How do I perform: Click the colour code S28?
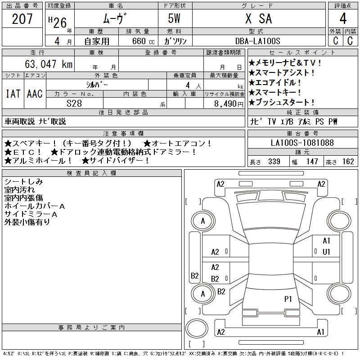(x=74, y=103)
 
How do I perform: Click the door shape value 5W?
(x=175, y=19)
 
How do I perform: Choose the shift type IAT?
(x=13, y=94)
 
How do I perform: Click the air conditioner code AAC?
(x=35, y=94)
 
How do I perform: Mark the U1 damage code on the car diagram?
(x=326, y=252)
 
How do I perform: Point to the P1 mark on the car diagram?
(x=288, y=298)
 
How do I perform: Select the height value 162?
(x=348, y=162)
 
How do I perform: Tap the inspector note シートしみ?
(x=23, y=181)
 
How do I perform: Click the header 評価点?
(x=343, y=5)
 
